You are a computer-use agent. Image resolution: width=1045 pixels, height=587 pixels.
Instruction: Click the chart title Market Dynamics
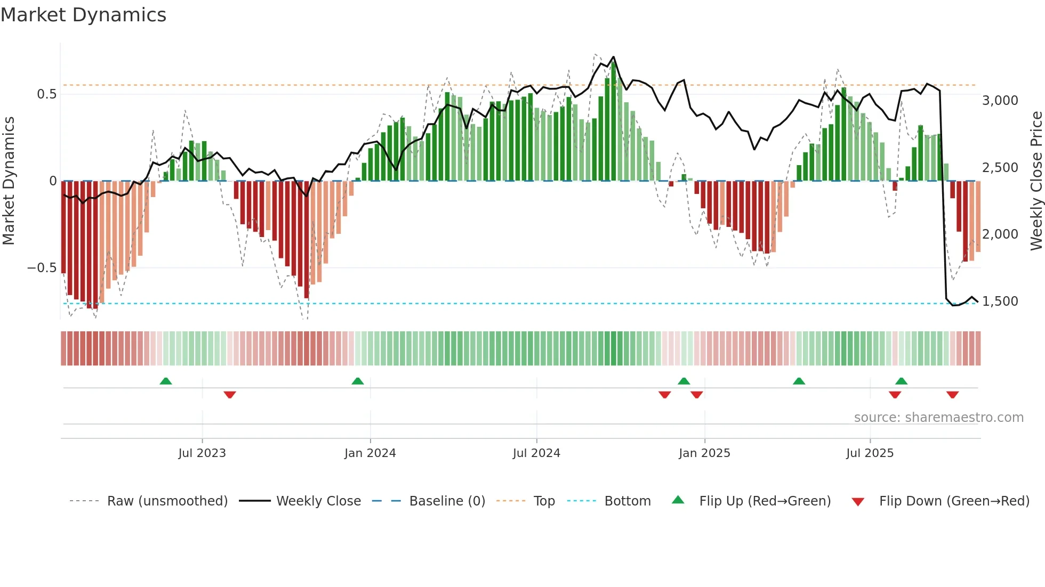pyautogui.click(x=84, y=15)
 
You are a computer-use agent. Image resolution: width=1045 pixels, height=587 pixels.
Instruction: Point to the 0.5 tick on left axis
pyautogui.click(x=46, y=94)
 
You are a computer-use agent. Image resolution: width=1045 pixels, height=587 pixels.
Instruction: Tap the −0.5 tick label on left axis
pyautogui.click(x=42, y=268)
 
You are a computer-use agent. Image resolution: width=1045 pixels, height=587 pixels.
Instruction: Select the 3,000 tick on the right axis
pyautogui.click(x=1000, y=101)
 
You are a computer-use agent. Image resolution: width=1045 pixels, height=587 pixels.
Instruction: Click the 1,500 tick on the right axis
pyautogui.click(x=1000, y=301)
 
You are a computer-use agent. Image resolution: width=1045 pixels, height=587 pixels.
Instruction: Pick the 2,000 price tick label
pyautogui.click(x=1000, y=234)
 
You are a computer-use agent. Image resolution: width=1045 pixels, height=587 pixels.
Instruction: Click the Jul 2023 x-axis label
pyautogui.click(x=202, y=453)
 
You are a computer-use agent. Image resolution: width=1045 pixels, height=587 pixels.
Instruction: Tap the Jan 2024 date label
pyautogui.click(x=370, y=453)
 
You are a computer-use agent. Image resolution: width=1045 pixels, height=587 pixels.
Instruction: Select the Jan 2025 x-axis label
pyautogui.click(x=704, y=453)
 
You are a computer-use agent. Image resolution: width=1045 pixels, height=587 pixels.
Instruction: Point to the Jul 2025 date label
pyautogui.click(x=870, y=453)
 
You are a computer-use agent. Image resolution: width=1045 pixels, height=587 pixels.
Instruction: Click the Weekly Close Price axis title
pyautogui.click(x=1036, y=181)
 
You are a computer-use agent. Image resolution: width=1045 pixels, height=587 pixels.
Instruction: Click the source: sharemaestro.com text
pyautogui.click(x=938, y=418)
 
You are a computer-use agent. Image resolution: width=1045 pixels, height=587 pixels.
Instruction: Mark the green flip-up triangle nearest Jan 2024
pyautogui.click(x=358, y=381)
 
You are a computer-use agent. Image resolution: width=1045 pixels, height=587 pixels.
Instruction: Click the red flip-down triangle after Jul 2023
pyautogui.click(x=230, y=395)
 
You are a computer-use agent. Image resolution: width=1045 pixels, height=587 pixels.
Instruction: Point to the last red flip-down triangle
pyautogui.click(x=953, y=395)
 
